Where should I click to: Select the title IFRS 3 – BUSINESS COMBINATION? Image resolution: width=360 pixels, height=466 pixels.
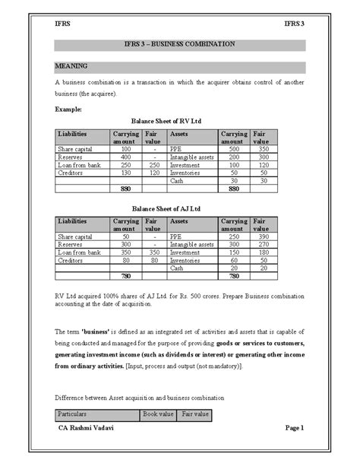coord(180,45)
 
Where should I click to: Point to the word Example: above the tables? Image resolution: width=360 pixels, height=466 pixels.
coord(71,109)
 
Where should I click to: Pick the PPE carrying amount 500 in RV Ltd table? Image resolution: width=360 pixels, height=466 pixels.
coord(232,150)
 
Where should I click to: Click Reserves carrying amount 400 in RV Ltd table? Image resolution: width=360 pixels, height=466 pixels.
coord(126,157)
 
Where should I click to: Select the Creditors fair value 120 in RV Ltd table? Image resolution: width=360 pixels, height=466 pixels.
coord(154,173)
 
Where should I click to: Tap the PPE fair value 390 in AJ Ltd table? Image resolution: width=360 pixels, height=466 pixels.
coord(261,237)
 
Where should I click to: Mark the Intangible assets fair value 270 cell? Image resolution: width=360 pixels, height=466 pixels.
coord(261,245)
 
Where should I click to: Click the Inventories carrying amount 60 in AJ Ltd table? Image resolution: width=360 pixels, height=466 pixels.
coord(232,260)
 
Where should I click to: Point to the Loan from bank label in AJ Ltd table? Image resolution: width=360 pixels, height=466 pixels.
coord(79,252)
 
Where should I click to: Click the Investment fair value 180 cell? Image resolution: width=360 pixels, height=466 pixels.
coord(261,252)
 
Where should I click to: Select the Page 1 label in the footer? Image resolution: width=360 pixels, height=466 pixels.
coord(294,428)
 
